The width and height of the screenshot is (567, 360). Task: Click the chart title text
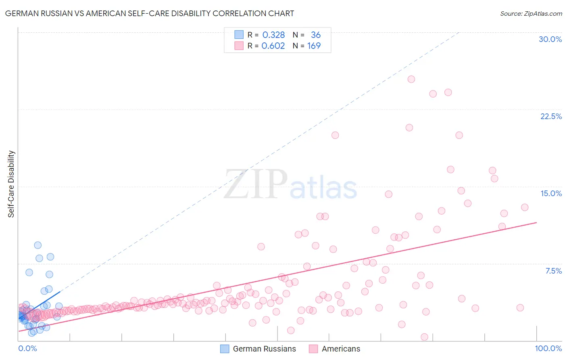click(x=149, y=13)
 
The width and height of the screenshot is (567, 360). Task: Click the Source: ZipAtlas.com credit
click(x=531, y=13)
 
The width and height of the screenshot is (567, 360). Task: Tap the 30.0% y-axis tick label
click(x=550, y=39)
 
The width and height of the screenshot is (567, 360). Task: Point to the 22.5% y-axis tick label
click(x=551, y=116)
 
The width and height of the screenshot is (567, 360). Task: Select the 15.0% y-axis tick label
click(x=551, y=193)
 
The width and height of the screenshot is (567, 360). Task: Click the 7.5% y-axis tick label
click(x=553, y=271)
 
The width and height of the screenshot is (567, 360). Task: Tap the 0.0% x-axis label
click(x=27, y=348)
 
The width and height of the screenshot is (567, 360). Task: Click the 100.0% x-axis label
click(x=548, y=348)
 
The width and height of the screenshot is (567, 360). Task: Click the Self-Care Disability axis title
click(x=11, y=184)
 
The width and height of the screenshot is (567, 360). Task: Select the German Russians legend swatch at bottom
click(x=225, y=349)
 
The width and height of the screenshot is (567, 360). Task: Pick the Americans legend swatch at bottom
click(x=313, y=349)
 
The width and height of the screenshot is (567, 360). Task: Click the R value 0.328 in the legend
click(x=273, y=35)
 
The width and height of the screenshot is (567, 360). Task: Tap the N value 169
click(x=314, y=46)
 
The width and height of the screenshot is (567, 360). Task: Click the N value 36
click(x=315, y=35)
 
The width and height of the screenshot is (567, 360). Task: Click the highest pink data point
click(x=411, y=79)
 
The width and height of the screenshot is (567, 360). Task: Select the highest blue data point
click(x=38, y=245)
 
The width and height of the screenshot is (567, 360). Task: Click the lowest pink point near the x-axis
click(x=424, y=337)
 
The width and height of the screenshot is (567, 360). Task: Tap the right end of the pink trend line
click(x=536, y=222)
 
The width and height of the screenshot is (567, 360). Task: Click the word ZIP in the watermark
click(x=255, y=184)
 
